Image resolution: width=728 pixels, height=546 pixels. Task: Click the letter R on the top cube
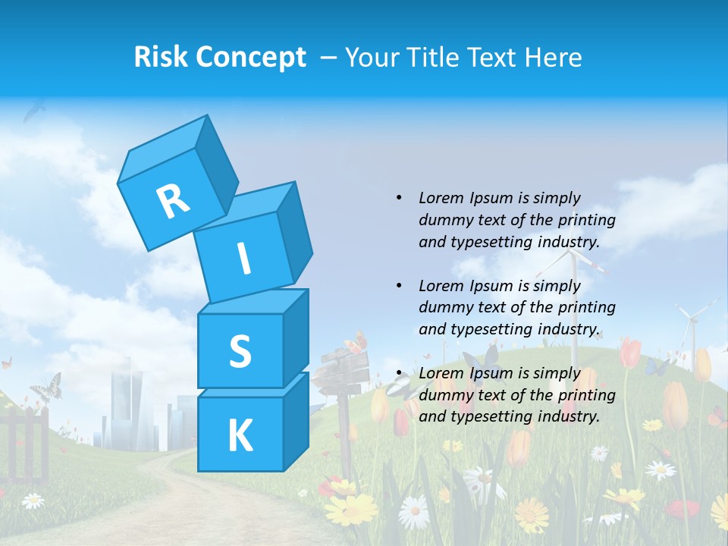(173, 201)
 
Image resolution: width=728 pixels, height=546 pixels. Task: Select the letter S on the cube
(240, 351)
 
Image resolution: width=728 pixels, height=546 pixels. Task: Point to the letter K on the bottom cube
(240, 436)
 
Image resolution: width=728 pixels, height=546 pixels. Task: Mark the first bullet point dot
(399, 199)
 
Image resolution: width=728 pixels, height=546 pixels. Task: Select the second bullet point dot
(399, 286)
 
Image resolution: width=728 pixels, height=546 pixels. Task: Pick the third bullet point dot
(399, 373)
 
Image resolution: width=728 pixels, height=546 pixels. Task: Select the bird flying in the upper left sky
(34, 111)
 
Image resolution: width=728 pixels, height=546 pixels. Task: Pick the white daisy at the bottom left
(33, 500)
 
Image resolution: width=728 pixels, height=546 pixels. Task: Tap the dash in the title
(329, 58)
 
